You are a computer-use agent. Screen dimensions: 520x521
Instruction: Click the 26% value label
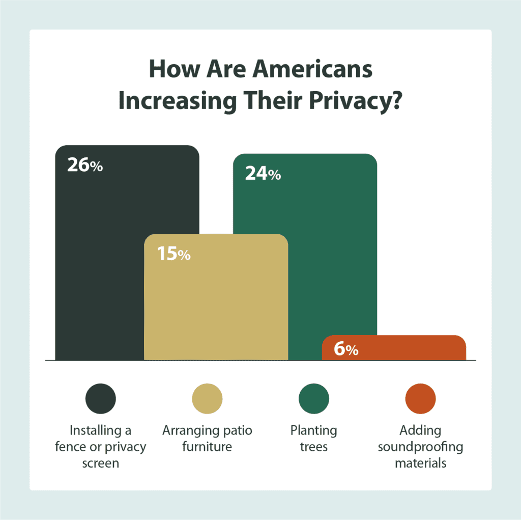(85, 166)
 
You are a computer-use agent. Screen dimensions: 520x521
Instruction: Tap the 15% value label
(173, 254)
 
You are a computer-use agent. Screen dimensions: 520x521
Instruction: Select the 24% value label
(263, 174)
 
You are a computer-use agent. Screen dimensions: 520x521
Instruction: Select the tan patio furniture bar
(216, 306)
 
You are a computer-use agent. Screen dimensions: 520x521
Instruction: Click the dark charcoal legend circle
(101, 398)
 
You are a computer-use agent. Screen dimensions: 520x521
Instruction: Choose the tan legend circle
(207, 398)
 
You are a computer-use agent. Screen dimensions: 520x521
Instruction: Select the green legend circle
(314, 398)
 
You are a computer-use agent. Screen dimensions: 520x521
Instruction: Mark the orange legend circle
(421, 398)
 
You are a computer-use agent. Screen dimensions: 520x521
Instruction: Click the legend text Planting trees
(313, 439)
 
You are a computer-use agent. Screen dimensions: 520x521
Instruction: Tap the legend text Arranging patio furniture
(207, 439)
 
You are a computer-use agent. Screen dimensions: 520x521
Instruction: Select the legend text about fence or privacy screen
(101, 447)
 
